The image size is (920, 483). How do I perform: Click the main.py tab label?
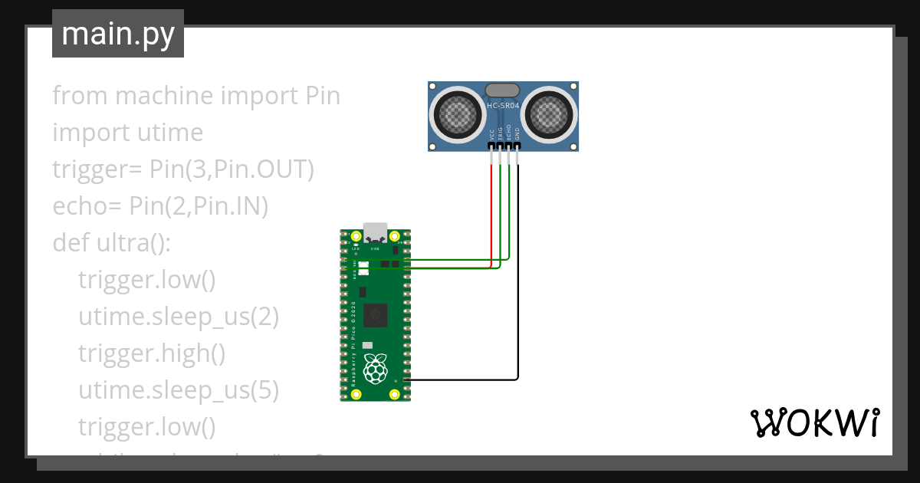117,34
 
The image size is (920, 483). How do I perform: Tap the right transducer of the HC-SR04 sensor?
549,115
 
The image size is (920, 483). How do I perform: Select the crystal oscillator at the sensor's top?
503,90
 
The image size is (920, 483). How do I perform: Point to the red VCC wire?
491,215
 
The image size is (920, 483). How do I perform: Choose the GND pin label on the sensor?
517,133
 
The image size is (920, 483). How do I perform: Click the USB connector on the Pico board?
376,232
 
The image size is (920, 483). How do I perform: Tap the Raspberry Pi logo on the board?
375,369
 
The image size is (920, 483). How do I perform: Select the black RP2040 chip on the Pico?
376,314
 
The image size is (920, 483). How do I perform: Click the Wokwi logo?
814,422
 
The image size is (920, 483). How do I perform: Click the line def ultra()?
111,243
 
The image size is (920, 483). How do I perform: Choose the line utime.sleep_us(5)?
178,390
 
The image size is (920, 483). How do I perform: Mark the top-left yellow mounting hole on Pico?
356,236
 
